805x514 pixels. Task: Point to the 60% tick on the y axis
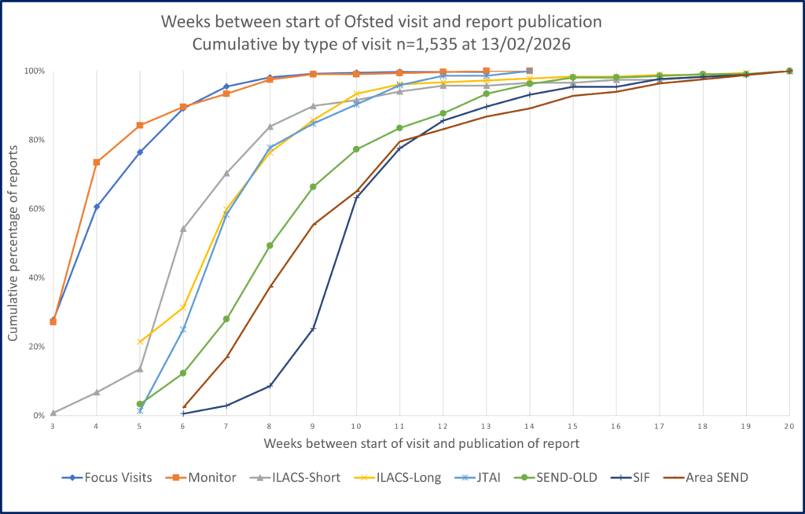[37, 209]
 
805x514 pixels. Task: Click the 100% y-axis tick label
[35, 72]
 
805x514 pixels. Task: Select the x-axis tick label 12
[443, 425]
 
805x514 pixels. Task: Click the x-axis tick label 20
[789, 425]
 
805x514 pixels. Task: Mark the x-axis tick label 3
[53, 425]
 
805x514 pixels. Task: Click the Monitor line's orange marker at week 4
[97, 163]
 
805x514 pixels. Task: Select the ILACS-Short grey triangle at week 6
[183, 229]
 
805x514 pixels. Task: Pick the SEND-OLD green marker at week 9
[314, 187]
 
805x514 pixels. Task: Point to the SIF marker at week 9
[314, 329]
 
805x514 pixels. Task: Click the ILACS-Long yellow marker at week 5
[140, 342]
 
